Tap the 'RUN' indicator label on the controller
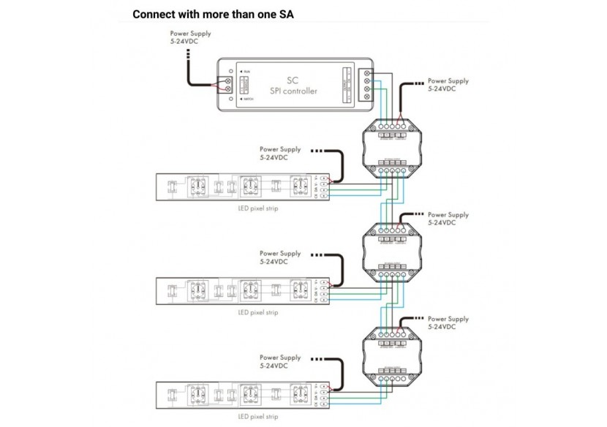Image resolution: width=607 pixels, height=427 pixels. [x=248, y=72]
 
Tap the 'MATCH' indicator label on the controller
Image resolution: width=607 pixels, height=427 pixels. [x=249, y=98]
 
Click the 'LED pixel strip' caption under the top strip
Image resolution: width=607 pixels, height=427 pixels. [x=258, y=208]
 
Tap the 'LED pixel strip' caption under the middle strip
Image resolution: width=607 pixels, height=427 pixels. [x=258, y=312]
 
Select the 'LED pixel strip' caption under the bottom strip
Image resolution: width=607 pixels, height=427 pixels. [x=258, y=416]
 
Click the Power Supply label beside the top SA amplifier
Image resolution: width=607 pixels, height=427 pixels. [x=448, y=85]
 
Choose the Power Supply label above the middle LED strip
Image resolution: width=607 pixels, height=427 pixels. [x=280, y=257]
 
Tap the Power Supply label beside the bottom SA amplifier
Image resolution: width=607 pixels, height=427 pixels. [x=448, y=322]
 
